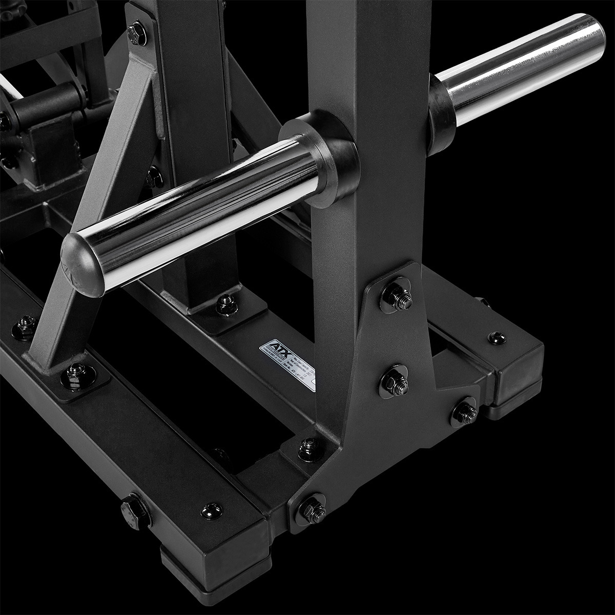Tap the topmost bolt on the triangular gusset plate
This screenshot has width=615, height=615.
click(398, 297)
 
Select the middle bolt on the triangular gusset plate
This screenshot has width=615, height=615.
click(395, 381)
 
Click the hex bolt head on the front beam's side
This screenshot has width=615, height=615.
click(135, 510)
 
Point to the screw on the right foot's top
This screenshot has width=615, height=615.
click(496, 337)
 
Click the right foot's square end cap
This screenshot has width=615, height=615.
click(518, 379)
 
